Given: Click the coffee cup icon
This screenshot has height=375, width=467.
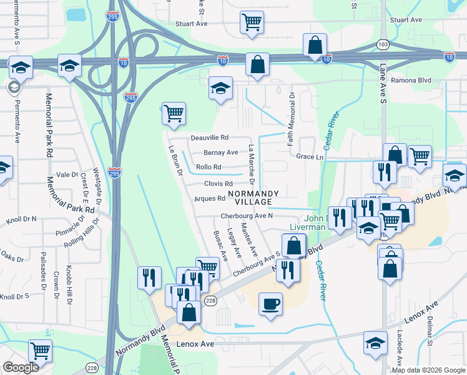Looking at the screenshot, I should (x=270, y=304).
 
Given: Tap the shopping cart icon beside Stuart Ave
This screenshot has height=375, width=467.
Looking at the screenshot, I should (x=251, y=22).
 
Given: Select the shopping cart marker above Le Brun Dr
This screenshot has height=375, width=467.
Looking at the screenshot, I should (x=173, y=114).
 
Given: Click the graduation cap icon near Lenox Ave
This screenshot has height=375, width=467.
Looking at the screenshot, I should (x=375, y=343).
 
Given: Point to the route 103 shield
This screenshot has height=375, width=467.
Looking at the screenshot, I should (x=383, y=44).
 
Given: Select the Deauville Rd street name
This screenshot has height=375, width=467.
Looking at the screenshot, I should (x=210, y=137).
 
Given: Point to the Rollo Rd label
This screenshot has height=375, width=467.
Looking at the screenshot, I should (x=209, y=167).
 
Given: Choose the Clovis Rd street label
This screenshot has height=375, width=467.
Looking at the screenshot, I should (x=218, y=184).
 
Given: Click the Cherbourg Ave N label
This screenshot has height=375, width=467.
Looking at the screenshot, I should (x=247, y=216).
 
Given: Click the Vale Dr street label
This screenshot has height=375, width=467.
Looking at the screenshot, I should (x=66, y=175).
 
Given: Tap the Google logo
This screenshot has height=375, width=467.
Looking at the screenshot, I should (x=21, y=367).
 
